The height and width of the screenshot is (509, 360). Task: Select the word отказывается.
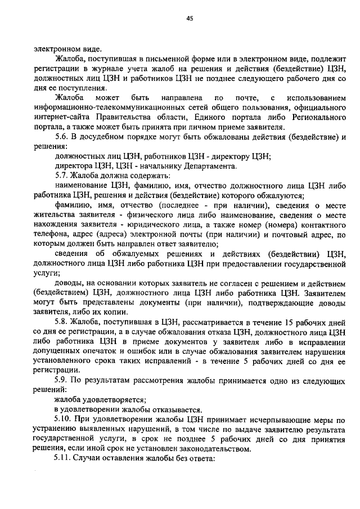(175, 411)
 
